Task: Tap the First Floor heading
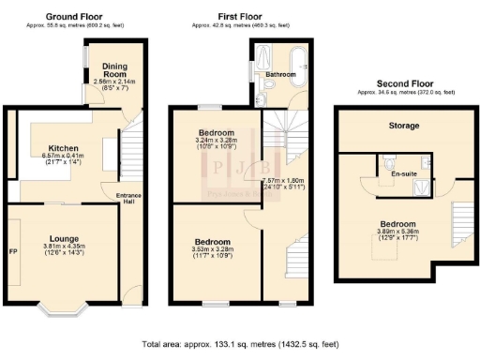tap(239, 16)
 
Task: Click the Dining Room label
tap(115, 68)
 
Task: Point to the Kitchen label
tap(64, 148)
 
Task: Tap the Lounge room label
tap(65, 238)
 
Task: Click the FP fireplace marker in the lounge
tap(13, 251)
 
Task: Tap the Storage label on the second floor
tap(404, 126)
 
